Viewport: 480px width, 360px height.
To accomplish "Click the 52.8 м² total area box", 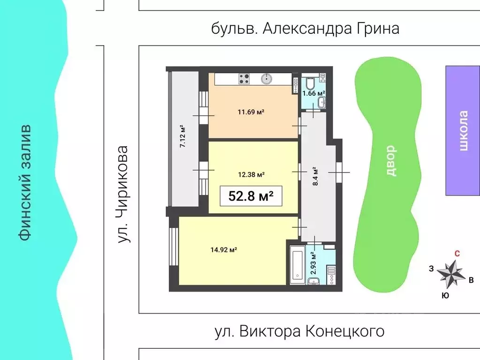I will (251, 196).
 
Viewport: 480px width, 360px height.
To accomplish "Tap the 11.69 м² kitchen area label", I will (251, 112).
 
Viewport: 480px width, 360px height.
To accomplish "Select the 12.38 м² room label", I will (251, 174).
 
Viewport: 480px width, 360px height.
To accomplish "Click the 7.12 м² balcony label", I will (183, 136).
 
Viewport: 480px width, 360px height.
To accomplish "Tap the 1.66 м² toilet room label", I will (313, 93).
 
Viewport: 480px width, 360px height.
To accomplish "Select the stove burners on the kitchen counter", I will (244, 79).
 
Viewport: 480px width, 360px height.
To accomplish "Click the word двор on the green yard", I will (390, 160).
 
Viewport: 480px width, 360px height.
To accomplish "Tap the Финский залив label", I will (25, 183).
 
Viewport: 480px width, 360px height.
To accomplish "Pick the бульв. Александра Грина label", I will (305, 29).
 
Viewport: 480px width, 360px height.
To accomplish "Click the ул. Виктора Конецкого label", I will (299, 331).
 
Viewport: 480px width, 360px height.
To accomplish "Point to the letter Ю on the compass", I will (445, 295).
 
